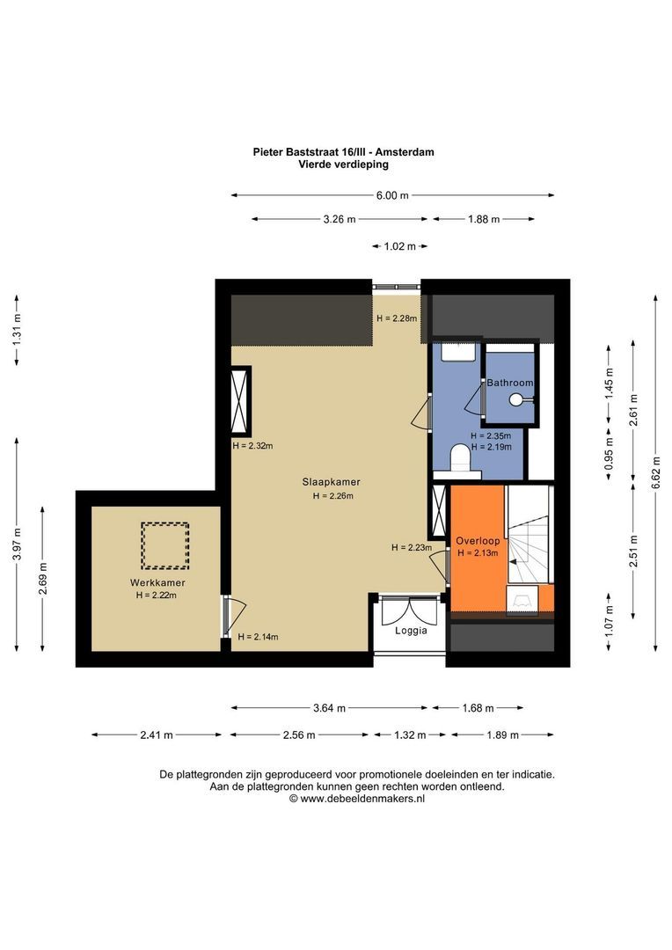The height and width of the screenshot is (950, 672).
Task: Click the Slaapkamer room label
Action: (332, 482)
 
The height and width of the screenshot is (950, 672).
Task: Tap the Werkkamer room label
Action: (157, 583)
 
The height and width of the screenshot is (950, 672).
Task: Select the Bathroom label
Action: (510, 383)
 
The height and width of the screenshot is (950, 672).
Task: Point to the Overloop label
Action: (478, 541)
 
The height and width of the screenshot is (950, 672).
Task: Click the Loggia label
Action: (411, 631)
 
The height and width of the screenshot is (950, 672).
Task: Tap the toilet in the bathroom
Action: (461, 458)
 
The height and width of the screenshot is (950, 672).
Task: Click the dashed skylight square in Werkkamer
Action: (164, 546)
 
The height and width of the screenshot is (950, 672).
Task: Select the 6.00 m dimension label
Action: (392, 195)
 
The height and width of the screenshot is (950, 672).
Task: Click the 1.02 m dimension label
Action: (400, 246)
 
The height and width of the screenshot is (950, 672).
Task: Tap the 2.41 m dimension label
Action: (157, 734)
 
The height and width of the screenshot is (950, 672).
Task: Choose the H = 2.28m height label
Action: (397, 318)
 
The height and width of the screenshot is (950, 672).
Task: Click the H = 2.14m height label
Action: (258, 637)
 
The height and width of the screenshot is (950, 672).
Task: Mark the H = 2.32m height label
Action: (252, 446)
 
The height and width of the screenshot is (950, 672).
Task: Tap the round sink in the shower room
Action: (516, 399)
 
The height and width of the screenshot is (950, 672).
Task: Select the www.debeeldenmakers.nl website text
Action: (362, 799)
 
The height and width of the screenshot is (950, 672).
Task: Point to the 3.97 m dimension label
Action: (17, 544)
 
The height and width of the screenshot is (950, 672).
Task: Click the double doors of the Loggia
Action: (410, 610)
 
